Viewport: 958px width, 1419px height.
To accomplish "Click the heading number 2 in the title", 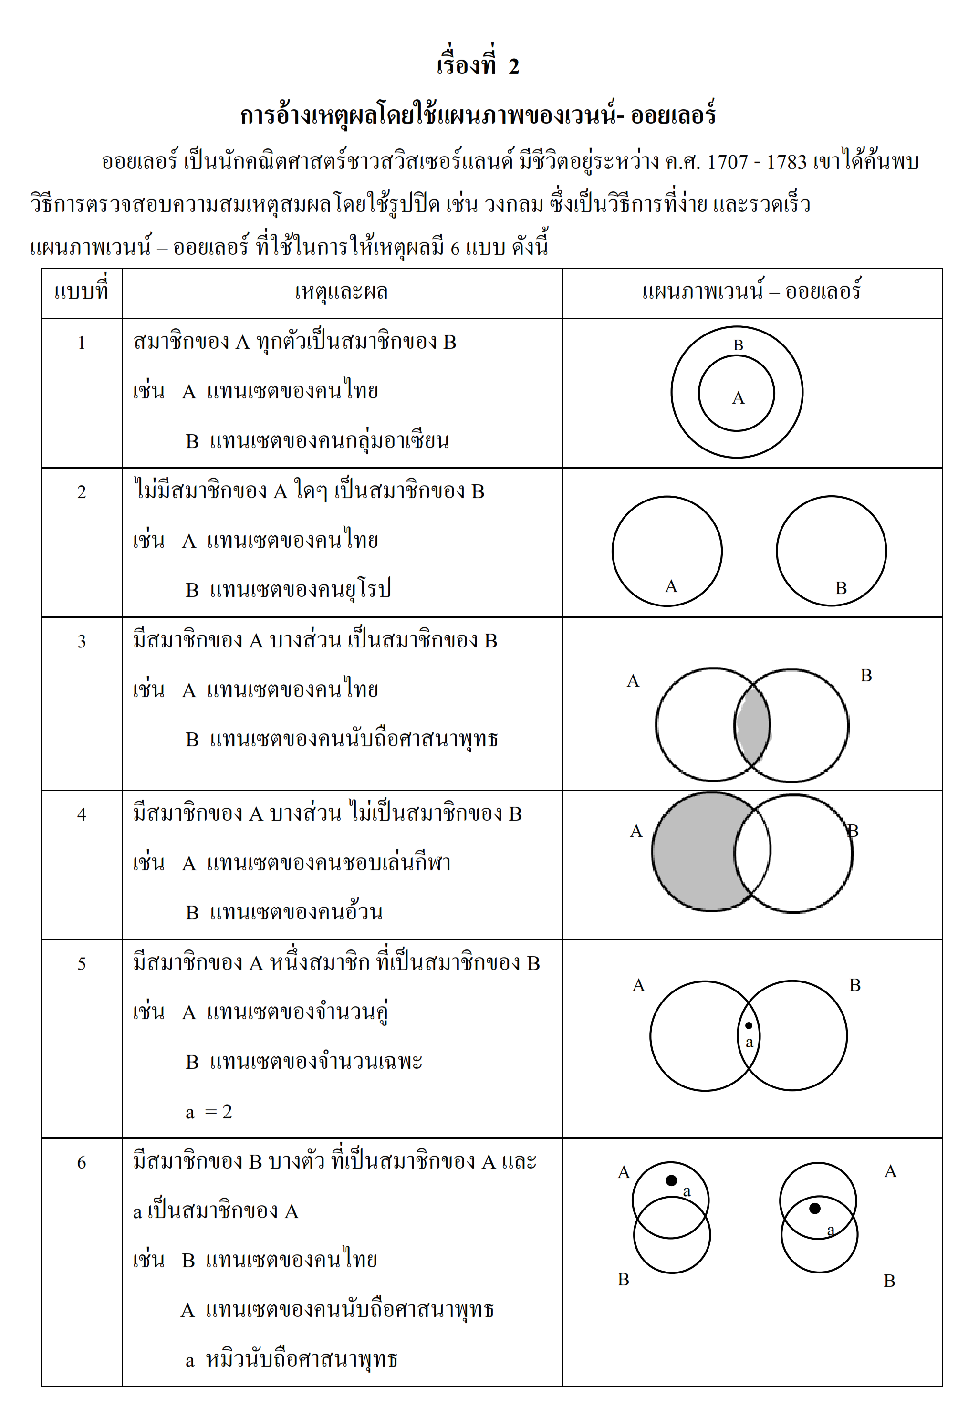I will [513, 66].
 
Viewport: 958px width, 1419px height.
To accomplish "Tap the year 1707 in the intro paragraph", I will [727, 162].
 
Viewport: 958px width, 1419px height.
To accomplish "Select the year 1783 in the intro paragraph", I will [786, 162].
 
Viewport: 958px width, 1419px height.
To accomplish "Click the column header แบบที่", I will [81, 292].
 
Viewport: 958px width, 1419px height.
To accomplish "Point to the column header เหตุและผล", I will [341, 292].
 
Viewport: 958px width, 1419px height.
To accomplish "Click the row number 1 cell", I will [81, 343].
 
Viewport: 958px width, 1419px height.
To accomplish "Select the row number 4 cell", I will [81, 814].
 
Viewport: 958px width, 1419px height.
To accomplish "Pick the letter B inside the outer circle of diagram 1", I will [738, 345].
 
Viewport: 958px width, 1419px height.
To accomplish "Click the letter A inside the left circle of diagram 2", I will [671, 587].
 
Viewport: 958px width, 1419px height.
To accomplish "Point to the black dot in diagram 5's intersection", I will [749, 1026].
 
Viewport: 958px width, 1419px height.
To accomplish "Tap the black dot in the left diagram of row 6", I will [671, 1180].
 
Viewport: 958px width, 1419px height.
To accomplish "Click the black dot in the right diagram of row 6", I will [814, 1209].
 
